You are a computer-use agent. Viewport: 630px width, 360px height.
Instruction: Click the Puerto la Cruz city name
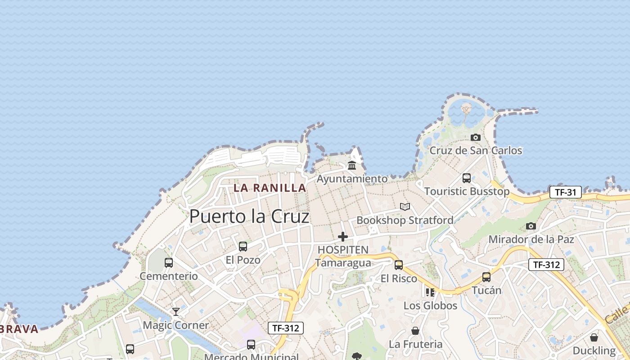[x=249, y=216]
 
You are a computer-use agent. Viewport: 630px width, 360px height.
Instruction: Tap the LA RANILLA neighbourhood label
[x=270, y=188]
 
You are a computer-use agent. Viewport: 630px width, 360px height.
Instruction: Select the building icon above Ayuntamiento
[x=352, y=165]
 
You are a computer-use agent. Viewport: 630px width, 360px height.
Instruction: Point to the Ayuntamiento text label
[x=352, y=179]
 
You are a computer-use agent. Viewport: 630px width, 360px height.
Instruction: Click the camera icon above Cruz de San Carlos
[x=476, y=137]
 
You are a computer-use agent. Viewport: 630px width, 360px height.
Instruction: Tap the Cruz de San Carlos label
[x=476, y=150]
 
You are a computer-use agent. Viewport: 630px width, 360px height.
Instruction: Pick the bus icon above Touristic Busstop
[x=467, y=178]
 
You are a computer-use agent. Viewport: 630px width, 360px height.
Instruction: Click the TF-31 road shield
[x=565, y=192]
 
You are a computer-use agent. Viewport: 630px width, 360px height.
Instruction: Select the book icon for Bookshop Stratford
[x=405, y=207]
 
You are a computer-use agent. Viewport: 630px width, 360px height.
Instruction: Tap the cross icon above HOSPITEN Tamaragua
[x=343, y=236]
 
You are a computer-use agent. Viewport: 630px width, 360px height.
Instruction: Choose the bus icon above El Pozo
[x=243, y=246]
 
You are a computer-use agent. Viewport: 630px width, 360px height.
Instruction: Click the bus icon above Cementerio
[x=169, y=262]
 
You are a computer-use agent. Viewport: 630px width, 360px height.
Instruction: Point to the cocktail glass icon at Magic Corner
[x=176, y=311]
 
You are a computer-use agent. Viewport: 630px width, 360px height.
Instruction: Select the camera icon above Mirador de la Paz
[x=531, y=226]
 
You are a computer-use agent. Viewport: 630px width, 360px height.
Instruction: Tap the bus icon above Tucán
[x=486, y=277]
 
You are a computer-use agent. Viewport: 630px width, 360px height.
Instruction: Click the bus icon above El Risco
[x=399, y=265]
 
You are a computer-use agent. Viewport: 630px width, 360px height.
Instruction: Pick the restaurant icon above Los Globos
[x=430, y=292]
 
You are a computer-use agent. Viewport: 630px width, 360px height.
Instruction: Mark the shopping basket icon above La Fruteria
[x=415, y=331]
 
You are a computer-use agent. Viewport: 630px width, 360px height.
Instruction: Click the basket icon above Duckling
[x=594, y=337]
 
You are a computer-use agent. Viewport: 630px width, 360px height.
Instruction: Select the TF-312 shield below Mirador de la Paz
[x=546, y=265]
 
